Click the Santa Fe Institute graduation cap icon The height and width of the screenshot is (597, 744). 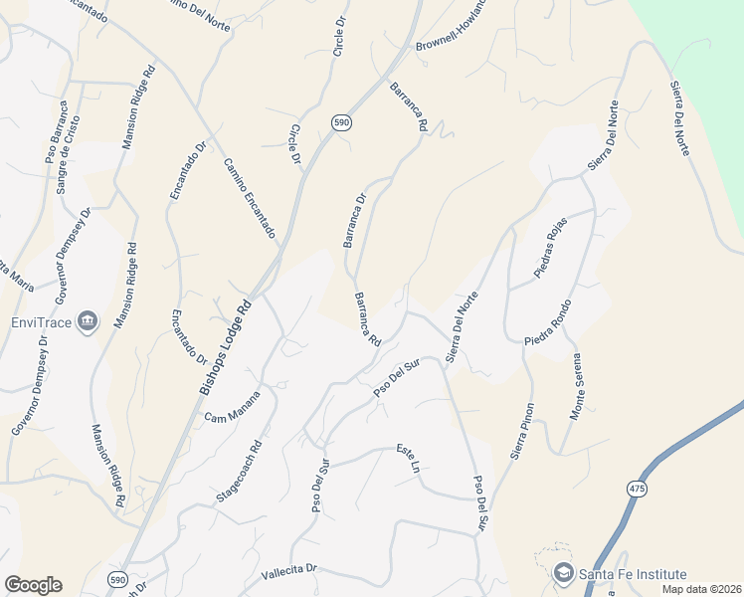point(564,574)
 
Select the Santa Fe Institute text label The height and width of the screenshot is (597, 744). point(633,574)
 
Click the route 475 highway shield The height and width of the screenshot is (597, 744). point(635,489)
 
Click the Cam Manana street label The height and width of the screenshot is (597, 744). point(233,405)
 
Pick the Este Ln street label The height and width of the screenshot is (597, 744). point(408,458)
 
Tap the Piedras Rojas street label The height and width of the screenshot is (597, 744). point(549,246)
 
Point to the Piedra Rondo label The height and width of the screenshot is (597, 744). point(549,322)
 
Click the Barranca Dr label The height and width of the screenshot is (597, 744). point(355,220)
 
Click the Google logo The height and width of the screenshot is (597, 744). point(33,585)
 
